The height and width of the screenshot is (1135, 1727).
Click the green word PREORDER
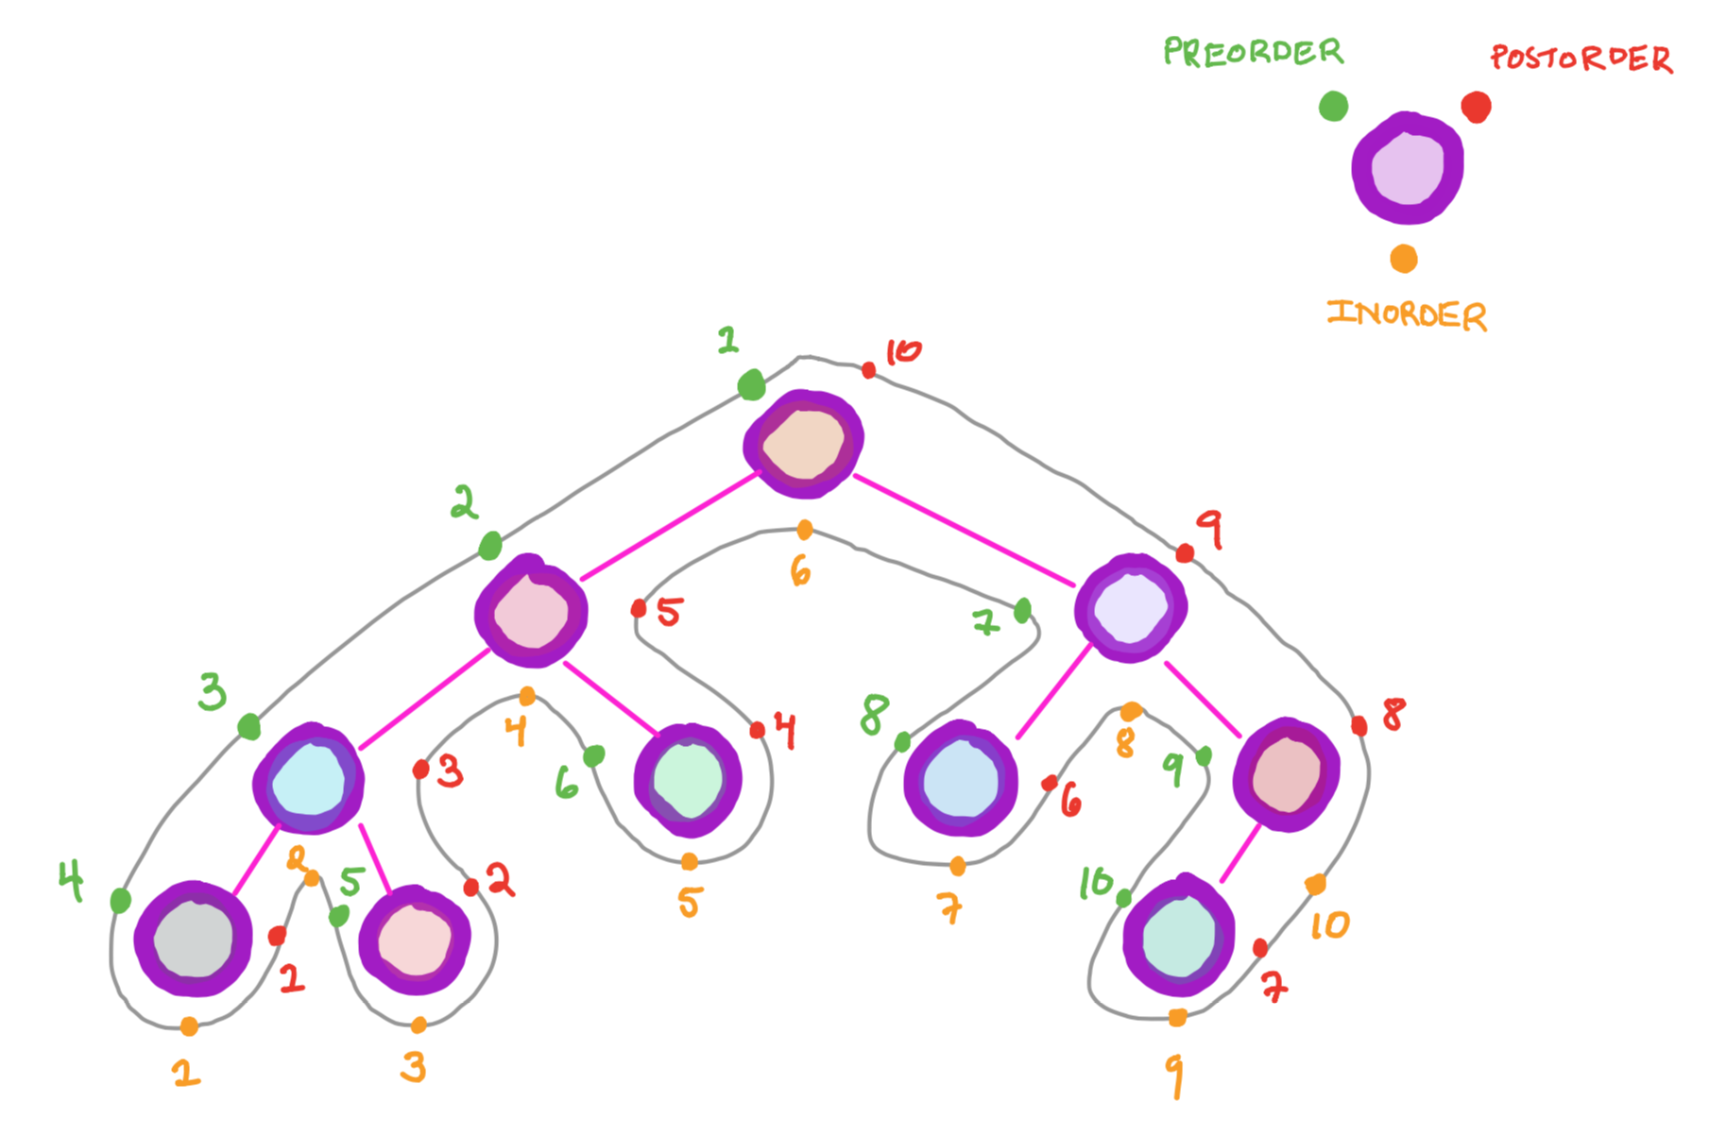click(x=1253, y=52)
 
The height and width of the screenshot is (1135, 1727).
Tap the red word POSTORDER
click(x=1582, y=59)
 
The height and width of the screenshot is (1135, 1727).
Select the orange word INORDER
click(x=1407, y=314)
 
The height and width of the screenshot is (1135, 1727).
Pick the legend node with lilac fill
click(x=1408, y=169)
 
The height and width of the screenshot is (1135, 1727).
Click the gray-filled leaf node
click(x=194, y=939)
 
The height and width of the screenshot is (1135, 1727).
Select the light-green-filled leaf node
click(x=689, y=781)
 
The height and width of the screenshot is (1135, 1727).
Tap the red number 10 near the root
click(x=902, y=352)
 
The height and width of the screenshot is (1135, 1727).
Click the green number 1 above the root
click(x=727, y=340)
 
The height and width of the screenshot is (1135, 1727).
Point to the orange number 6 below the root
click(x=800, y=570)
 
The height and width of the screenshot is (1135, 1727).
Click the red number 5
click(x=669, y=612)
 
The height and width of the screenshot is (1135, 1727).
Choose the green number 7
click(x=984, y=622)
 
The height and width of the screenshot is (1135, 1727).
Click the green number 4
click(x=71, y=880)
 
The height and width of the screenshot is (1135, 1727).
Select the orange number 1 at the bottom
click(x=186, y=1072)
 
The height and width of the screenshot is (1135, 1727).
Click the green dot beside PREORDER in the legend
click(x=1333, y=106)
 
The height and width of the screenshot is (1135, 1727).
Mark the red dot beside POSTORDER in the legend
click(x=1476, y=107)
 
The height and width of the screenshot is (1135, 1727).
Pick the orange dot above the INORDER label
click(x=1404, y=259)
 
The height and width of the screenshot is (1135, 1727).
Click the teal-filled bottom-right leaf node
click(x=1178, y=938)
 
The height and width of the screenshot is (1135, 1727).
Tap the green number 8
click(x=875, y=715)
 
